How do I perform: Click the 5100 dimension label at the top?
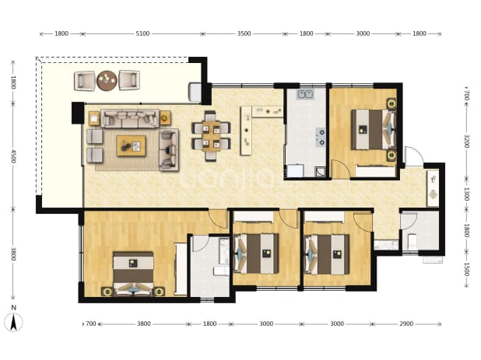142,33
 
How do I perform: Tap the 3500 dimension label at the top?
244,33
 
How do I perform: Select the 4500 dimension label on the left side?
13,156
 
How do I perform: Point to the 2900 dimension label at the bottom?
406,323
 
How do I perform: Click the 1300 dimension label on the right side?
466,194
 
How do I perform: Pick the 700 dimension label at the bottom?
90,323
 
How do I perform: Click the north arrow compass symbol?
13,322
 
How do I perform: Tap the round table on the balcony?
107,80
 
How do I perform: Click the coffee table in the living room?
132,146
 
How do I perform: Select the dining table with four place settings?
211,136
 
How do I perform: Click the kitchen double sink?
305,94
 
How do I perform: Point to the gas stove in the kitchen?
320,137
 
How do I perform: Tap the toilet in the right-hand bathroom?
412,242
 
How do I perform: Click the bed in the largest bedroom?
133,274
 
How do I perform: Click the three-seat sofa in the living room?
130,118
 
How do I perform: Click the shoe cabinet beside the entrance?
434,188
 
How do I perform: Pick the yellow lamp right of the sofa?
165,117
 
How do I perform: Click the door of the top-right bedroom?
341,168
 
